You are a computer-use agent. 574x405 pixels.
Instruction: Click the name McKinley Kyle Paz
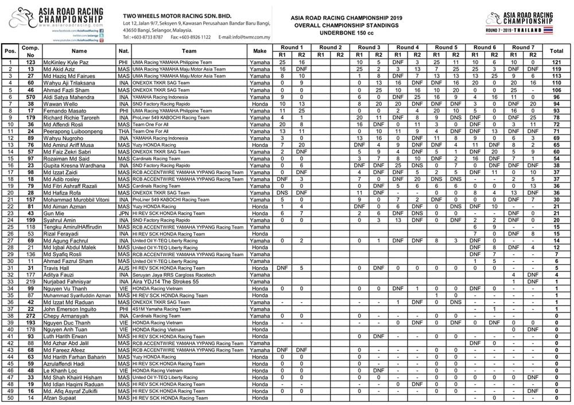63,61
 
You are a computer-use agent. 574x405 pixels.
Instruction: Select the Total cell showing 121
556,61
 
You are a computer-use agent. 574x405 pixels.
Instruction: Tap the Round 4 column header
407,47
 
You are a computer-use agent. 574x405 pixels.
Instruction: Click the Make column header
259,51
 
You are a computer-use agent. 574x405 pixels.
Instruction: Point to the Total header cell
556,51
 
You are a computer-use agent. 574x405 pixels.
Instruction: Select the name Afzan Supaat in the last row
58,398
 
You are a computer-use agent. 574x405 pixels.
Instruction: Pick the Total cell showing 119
556,68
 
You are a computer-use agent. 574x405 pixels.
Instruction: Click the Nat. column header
123,51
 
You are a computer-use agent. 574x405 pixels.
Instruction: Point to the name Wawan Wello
57,105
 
